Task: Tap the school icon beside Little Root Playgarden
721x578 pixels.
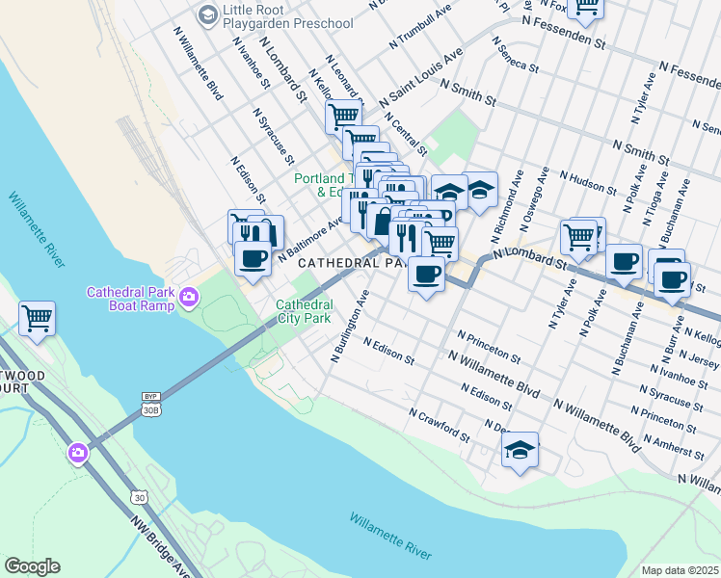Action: point(207,14)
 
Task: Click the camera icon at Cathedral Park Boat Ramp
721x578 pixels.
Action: point(189,300)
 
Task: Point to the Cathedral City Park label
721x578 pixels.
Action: point(304,310)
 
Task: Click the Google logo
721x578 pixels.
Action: point(32,566)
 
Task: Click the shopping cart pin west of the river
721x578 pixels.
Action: point(37,317)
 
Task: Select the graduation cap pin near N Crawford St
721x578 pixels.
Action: point(520,450)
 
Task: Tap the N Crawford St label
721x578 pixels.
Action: point(439,424)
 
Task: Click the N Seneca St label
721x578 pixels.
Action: point(514,54)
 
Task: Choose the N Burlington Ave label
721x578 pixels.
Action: point(350,327)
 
